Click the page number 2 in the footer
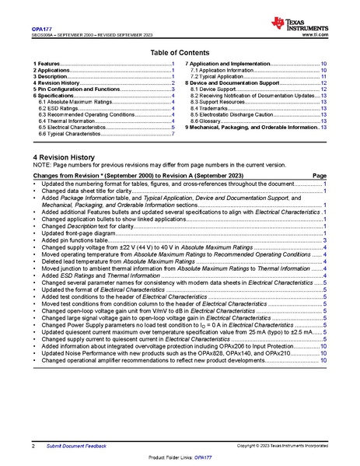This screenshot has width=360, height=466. pyautogui.click(x=33, y=446)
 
